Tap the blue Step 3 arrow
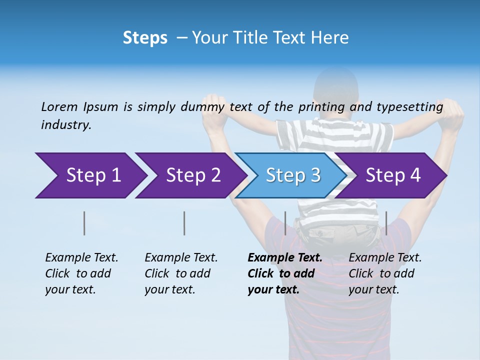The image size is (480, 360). point(293,175)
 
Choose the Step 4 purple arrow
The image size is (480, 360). point(393,175)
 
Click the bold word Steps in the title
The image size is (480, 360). point(145,38)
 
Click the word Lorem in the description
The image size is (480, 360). point(59,107)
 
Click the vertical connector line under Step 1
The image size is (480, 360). point(84,223)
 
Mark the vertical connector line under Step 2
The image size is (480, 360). point(184,223)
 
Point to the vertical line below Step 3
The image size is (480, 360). point(285,223)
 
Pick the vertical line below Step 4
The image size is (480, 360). point(386,223)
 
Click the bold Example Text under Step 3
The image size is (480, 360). point(284,258)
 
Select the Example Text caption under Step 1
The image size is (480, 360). point(81,258)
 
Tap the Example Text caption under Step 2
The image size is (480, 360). point(181,258)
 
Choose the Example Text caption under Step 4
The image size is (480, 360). point(385,258)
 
